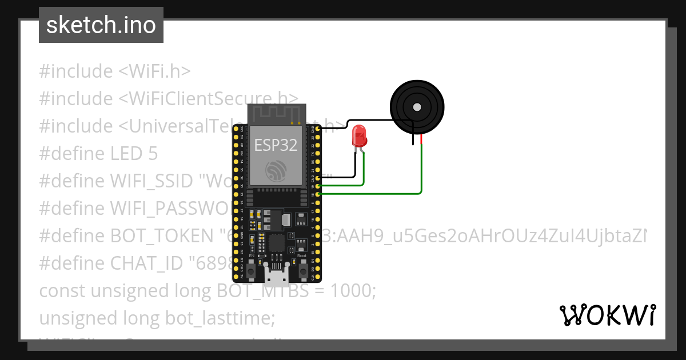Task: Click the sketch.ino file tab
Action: tap(101, 25)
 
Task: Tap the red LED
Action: tap(360, 136)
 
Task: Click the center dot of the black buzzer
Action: tap(417, 107)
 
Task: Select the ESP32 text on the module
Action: tap(276, 145)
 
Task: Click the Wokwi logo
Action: tap(607, 315)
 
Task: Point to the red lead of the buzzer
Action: tap(421, 139)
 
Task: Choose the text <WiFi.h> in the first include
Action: tap(154, 71)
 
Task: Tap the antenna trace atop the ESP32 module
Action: tap(277, 113)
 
